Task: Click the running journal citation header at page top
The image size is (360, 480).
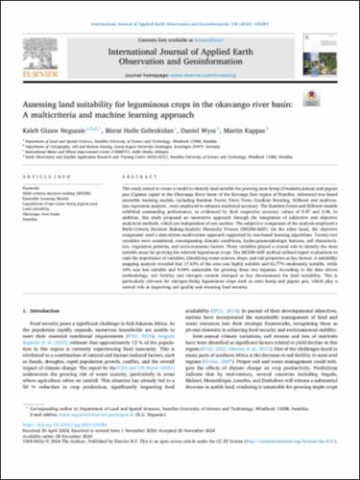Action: tap(180, 8)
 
